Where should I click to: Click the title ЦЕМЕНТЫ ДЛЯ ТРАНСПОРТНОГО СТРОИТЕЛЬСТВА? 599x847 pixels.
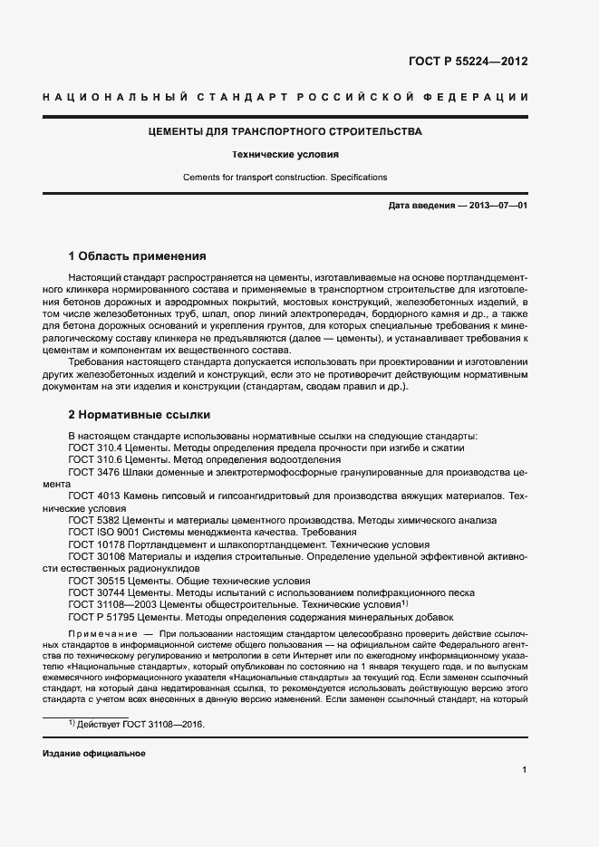pyautogui.click(x=285, y=132)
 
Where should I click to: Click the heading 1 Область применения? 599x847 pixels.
pyautogui.click(x=138, y=256)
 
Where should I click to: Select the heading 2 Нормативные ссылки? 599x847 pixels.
pyautogui.click(x=140, y=415)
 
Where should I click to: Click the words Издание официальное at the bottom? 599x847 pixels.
pyautogui.click(x=93, y=754)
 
